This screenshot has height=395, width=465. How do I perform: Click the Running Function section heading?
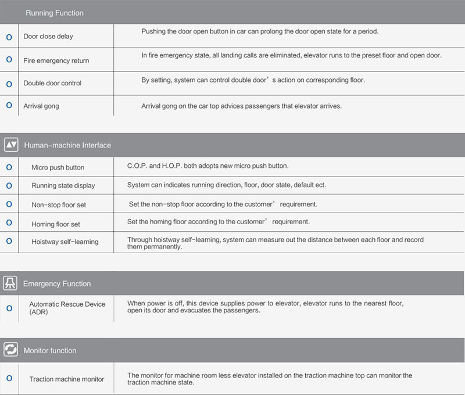[x=55, y=13]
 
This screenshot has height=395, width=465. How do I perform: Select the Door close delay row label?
[x=48, y=37]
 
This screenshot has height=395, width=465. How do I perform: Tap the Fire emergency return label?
[x=56, y=60]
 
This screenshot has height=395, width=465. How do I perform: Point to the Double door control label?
[x=52, y=83]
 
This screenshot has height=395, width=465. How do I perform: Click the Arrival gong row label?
[x=41, y=106]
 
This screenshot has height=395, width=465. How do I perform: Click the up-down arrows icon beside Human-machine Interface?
[x=11, y=145]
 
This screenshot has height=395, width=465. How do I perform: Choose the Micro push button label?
[x=58, y=167]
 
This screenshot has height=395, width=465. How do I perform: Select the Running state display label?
[x=63, y=185]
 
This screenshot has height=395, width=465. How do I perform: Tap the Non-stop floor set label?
[x=59, y=205]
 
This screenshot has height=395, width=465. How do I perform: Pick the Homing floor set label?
[x=56, y=224]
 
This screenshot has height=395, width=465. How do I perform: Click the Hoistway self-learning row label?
[x=65, y=242]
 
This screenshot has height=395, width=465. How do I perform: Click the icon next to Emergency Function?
[x=11, y=283]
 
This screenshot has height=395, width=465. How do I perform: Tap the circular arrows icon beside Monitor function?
[x=11, y=350]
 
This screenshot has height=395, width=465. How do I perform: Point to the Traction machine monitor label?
[x=67, y=379]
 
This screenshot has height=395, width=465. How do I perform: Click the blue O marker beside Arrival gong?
[x=9, y=106]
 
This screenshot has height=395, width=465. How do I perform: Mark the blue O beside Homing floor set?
[x=9, y=223]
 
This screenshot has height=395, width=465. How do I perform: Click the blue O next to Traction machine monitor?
[x=9, y=378]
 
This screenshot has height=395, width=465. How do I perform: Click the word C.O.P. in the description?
[x=137, y=166]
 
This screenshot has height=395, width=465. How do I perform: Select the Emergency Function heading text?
[x=57, y=284]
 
